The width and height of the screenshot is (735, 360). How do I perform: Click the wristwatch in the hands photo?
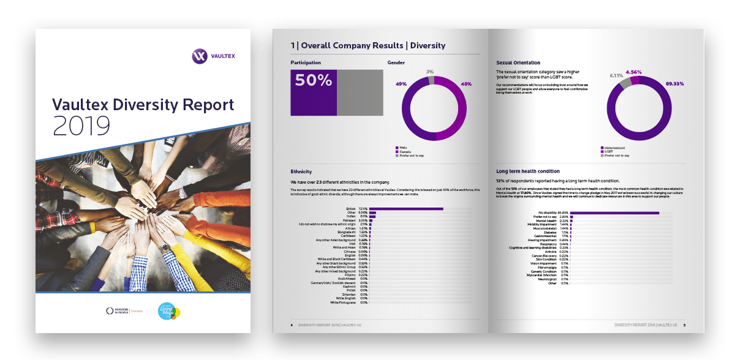pyautogui.click(x=165, y=248)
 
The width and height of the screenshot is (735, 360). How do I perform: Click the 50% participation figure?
pyautogui.click(x=313, y=80)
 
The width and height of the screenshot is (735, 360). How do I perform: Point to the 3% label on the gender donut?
pyautogui.click(x=430, y=72)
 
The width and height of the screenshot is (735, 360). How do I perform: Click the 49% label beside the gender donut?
pyautogui.click(x=401, y=84)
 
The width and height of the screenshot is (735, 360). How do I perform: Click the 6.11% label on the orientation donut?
pyautogui.click(x=616, y=76)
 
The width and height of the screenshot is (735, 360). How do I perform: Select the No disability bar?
pyautogui.click(x=616, y=213)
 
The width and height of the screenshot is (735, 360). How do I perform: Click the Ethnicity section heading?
pyautogui.click(x=301, y=172)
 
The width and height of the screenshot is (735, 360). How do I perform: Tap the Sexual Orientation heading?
pyautogui.click(x=518, y=62)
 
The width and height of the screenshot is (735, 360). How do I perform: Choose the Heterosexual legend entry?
pyautogui.click(x=617, y=148)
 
